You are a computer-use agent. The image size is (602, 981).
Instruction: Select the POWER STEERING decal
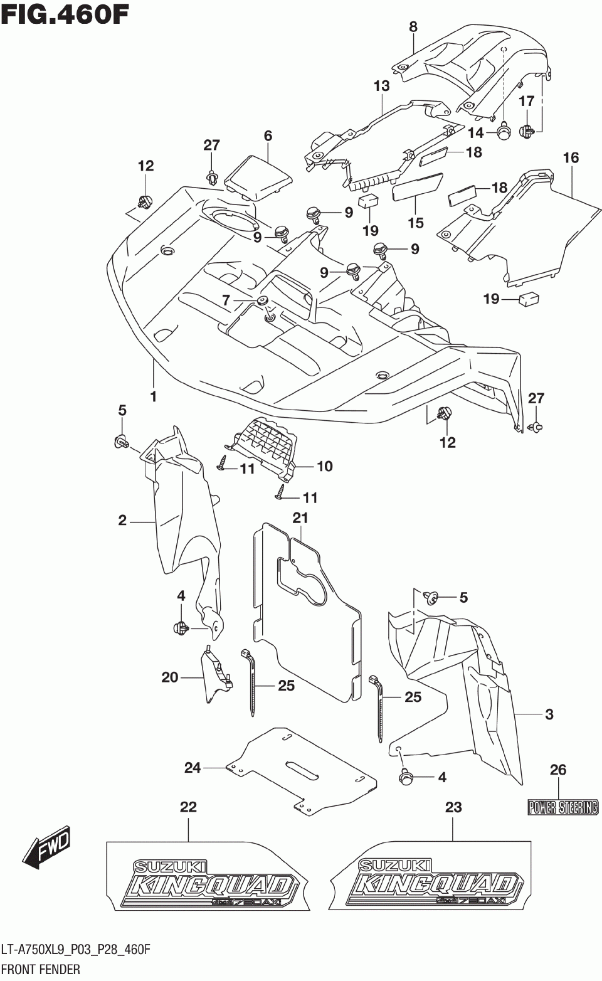click(x=562, y=807)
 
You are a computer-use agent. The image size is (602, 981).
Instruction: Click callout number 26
click(x=557, y=770)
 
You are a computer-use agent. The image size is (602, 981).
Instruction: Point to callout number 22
click(x=188, y=807)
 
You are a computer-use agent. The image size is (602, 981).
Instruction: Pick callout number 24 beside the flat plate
click(x=192, y=767)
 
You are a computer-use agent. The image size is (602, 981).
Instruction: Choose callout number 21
click(x=300, y=517)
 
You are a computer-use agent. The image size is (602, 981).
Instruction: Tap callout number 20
click(x=170, y=677)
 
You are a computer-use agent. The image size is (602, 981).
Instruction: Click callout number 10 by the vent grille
click(x=324, y=466)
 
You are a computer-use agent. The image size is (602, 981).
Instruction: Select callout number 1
click(x=153, y=396)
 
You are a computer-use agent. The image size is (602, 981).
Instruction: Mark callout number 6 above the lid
click(x=268, y=135)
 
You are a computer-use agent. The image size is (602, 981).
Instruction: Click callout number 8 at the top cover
click(x=413, y=26)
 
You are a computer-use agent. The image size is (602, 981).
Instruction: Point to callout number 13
click(x=381, y=86)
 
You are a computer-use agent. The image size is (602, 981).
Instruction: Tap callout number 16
click(x=570, y=157)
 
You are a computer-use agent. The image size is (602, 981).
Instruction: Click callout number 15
click(x=415, y=222)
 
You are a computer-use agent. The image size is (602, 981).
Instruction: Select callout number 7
click(x=226, y=300)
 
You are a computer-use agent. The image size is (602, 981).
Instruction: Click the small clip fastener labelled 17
click(x=527, y=131)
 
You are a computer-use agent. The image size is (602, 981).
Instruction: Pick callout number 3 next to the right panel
click(x=549, y=714)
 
